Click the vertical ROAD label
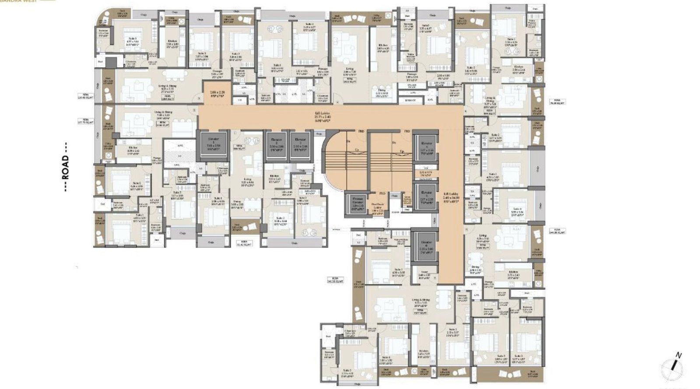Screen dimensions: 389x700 pyautogui.click(x=66, y=167)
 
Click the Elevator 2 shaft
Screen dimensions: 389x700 pyautogui.click(x=276, y=147)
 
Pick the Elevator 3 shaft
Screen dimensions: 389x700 pyautogui.click(x=300, y=147)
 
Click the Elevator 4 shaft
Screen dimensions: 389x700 pyautogui.click(x=425, y=149)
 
